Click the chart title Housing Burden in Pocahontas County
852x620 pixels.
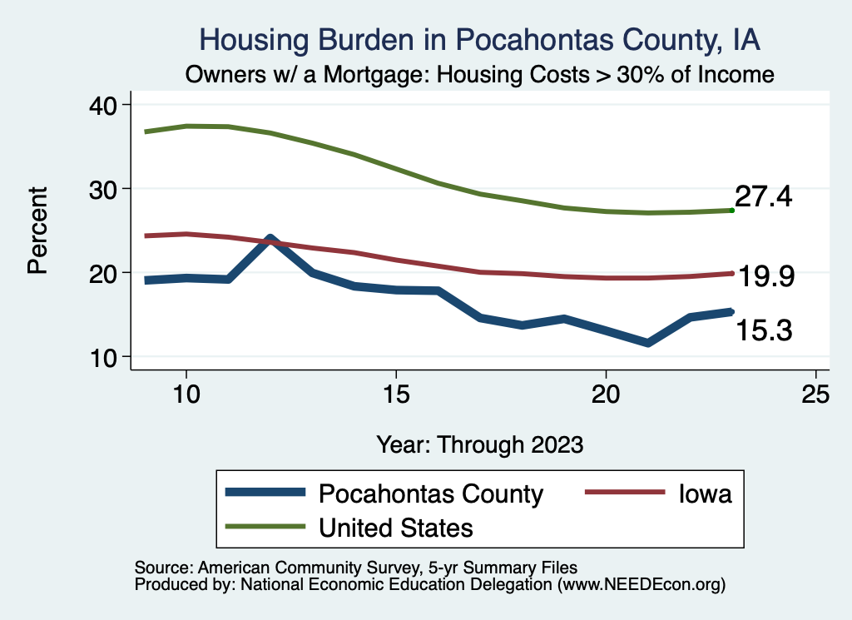(480, 39)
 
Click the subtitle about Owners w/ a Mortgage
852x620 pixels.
(480, 74)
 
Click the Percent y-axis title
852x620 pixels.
(37, 231)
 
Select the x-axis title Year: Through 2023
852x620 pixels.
(480, 444)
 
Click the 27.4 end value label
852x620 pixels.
(762, 197)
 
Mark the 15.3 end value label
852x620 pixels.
(762, 330)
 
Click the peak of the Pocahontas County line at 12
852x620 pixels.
(270, 240)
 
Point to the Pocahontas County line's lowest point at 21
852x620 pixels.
(648, 343)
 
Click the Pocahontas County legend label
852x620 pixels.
(430, 494)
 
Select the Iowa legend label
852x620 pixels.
(705, 494)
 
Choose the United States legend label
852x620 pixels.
(396, 527)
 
